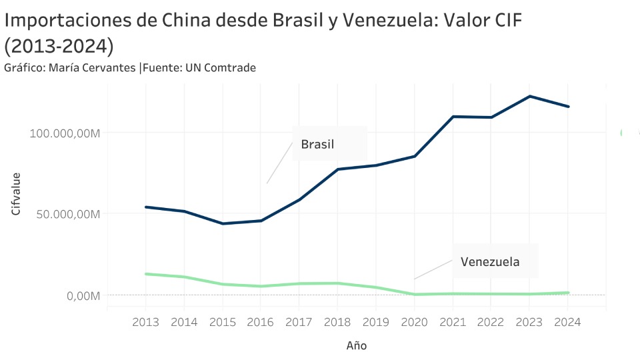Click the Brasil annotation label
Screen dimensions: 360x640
[x=317, y=144]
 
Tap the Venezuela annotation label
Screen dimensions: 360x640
[x=490, y=261]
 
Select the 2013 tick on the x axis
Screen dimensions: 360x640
[x=146, y=322]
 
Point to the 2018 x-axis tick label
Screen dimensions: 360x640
[x=337, y=322]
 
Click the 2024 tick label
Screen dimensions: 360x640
[x=567, y=322]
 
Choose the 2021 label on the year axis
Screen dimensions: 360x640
[x=453, y=322]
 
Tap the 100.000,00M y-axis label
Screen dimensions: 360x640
[x=65, y=133]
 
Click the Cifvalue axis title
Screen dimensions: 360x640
[x=16, y=194]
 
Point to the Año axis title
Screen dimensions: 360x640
[x=357, y=345]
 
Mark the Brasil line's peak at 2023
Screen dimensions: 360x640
[x=529, y=96]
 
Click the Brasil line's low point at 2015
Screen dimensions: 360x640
[x=223, y=223]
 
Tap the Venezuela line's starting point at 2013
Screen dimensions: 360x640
[x=146, y=273]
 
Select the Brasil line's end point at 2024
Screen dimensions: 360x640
[x=568, y=107]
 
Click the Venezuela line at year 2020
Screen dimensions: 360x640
[x=415, y=294]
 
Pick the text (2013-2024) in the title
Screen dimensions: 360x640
[x=59, y=47]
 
